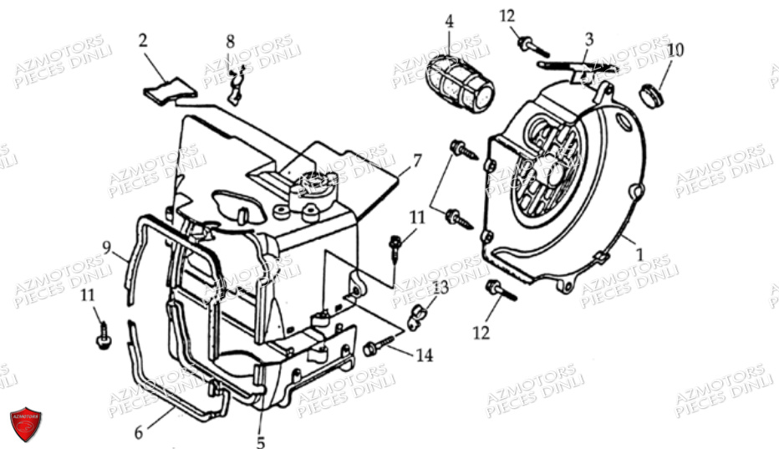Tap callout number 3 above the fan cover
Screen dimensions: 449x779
pyautogui.click(x=589, y=38)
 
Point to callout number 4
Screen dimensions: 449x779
pyautogui.click(x=449, y=21)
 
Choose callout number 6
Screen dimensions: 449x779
pyautogui.click(x=140, y=432)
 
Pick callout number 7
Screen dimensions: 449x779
pyautogui.click(x=417, y=160)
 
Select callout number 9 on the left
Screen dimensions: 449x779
pyautogui.click(x=107, y=246)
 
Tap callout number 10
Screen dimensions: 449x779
pyautogui.click(x=676, y=50)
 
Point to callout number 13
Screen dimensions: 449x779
pyautogui.click(x=440, y=288)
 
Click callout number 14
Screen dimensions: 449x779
pyautogui.click(x=424, y=355)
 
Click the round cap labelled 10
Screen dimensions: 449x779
pyautogui.click(x=654, y=94)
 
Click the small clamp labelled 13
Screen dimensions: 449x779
pyautogui.click(x=418, y=316)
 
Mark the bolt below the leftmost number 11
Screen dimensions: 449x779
pyautogui.click(x=103, y=337)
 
